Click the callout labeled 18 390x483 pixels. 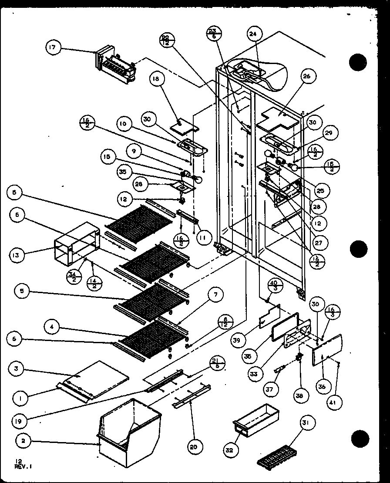(x=156, y=79)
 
